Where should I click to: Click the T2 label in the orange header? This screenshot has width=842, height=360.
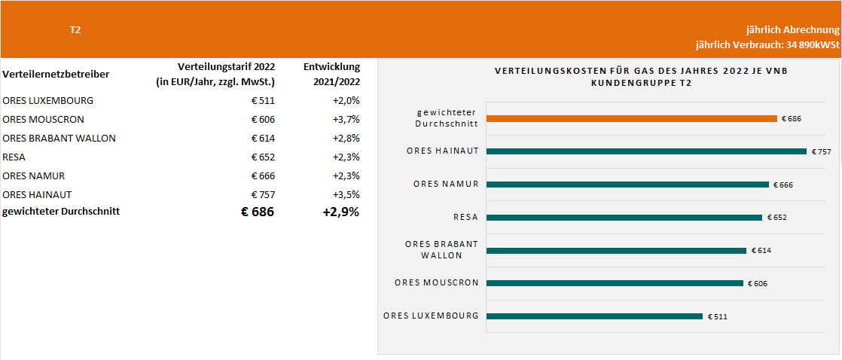[x=75, y=30]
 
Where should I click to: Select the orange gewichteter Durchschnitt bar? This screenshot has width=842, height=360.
[x=631, y=118]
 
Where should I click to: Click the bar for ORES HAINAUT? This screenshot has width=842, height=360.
[x=646, y=151]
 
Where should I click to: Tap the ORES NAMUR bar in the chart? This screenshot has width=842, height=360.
[x=627, y=185]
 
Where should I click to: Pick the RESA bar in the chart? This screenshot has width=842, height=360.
[x=624, y=218]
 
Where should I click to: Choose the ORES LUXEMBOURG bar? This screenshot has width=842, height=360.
[x=594, y=316]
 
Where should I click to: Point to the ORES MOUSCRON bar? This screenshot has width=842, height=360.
[x=615, y=283]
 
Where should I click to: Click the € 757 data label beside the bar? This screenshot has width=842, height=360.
[x=821, y=152]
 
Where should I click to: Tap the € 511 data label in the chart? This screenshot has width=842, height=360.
[x=717, y=317]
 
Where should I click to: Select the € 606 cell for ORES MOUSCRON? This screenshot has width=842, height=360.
[x=263, y=119]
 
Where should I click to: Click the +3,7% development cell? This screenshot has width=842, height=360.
[x=346, y=119]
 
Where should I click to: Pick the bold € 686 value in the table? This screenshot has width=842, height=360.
[x=258, y=212]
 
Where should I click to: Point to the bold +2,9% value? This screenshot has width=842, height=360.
[x=341, y=212]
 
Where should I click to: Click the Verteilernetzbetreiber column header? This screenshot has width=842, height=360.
[x=56, y=74]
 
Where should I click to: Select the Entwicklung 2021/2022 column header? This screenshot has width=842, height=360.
[x=332, y=74]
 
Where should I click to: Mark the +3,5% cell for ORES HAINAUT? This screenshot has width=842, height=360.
[x=346, y=194]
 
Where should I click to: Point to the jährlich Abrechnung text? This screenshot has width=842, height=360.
[x=792, y=30]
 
